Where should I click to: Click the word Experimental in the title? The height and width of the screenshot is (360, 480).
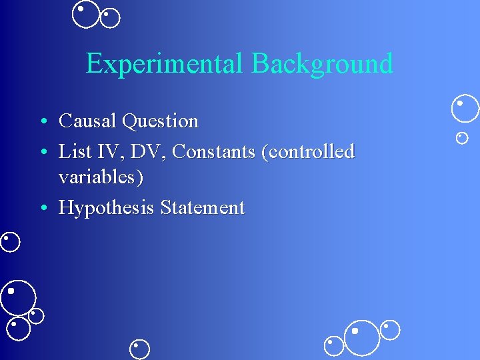pos(166,64)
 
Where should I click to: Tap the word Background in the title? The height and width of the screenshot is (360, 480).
pos(322,64)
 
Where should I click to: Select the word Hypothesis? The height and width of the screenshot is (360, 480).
pos(105,208)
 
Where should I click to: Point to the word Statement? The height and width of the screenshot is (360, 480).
pos(202,208)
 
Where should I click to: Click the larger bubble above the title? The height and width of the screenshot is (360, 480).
pos(85,14)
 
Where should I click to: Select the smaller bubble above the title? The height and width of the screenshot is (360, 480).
pos(110,18)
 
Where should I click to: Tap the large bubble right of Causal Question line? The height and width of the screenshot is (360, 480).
pos(465,108)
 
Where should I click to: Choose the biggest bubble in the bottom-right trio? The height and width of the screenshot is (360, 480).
pos(362,337)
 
